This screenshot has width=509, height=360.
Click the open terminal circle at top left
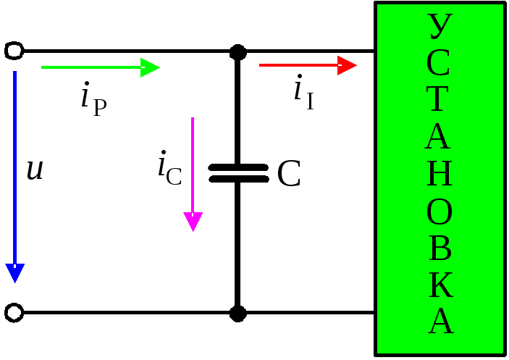point(14,51)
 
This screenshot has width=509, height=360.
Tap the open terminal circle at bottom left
point(14,313)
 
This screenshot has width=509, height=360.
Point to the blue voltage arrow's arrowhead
point(15,273)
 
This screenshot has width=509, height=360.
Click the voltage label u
point(34,170)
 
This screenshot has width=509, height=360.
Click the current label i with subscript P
point(93,99)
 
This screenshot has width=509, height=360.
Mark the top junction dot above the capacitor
point(237,51)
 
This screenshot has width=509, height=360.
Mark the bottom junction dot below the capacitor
point(237,313)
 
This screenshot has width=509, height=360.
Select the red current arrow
point(308,65)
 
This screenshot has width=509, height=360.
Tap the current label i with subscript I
point(304,93)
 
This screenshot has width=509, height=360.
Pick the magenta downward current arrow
point(193,174)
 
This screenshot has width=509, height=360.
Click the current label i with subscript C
point(169,168)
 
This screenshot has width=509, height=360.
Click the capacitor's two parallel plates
point(237,173)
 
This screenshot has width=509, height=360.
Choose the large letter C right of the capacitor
point(289,175)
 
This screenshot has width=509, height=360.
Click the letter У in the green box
point(439,28)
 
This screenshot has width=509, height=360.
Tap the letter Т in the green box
point(439,100)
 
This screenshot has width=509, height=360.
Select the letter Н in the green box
point(439,175)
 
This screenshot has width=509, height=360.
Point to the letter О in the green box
point(439,212)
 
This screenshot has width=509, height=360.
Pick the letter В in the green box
point(439,249)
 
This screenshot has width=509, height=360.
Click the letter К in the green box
point(440,287)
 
